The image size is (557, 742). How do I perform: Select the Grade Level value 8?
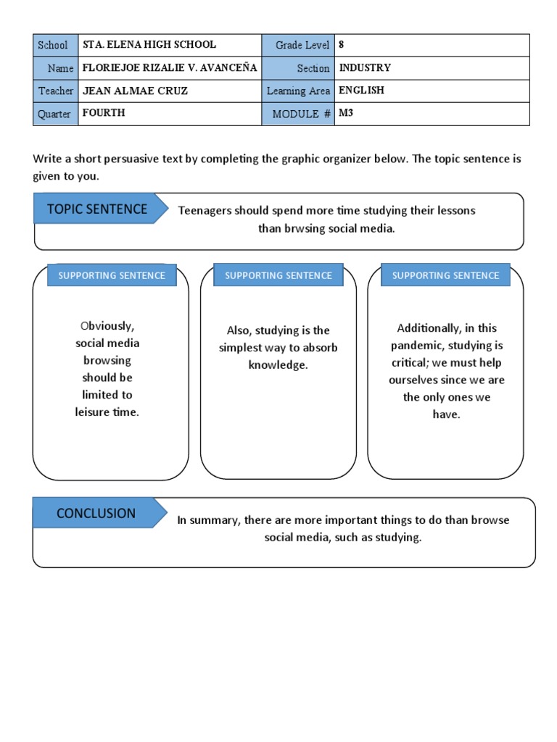(x=342, y=45)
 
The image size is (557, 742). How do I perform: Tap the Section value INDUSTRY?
(x=365, y=68)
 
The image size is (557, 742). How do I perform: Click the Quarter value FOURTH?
(x=104, y=114)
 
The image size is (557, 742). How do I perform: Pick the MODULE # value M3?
(x=346, y=114)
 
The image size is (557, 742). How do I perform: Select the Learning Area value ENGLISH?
(x=361, y=91)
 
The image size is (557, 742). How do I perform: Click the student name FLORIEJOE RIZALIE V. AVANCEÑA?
(x=170, y=68)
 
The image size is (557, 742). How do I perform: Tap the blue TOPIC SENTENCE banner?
(x=97, y=209)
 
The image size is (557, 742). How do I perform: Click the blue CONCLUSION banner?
(x=96, y=513)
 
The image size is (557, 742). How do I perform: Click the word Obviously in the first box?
(x=107, y=326)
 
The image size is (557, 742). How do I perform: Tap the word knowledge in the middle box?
(x=278, y=365)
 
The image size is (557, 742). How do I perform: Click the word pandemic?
(x=416, y=346)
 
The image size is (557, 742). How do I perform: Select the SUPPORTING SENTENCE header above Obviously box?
(x=112, y=275)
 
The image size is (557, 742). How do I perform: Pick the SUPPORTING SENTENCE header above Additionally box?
(x=445, y=275)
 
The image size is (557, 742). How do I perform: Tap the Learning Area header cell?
(x=298, y=91)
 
